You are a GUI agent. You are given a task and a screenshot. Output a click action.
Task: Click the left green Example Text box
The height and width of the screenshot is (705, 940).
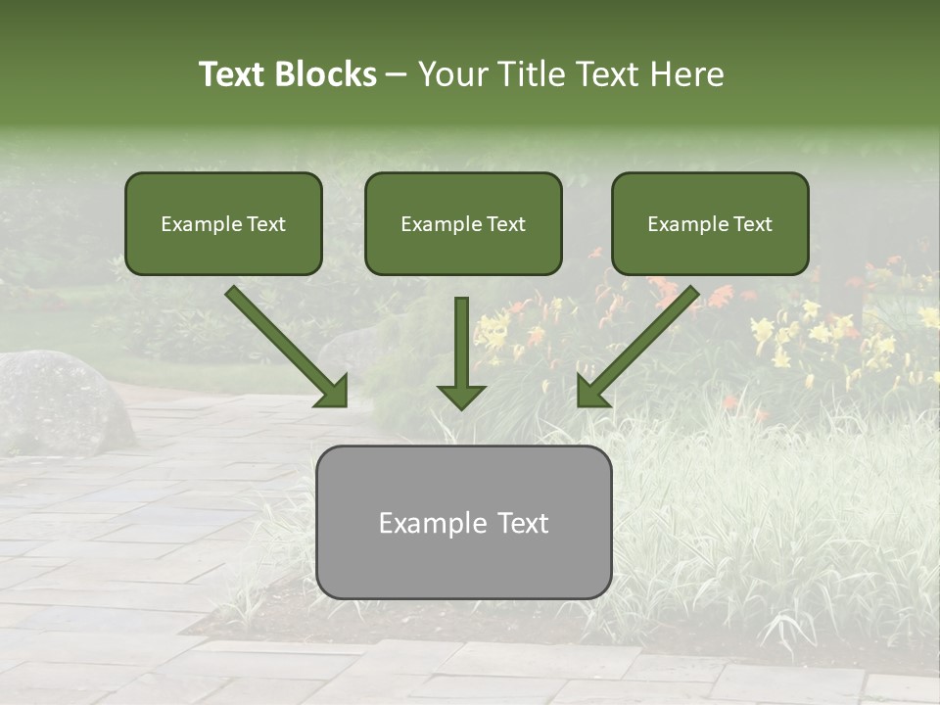pos(223,223)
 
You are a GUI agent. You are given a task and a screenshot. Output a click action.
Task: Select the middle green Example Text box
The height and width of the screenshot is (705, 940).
pos(463,223)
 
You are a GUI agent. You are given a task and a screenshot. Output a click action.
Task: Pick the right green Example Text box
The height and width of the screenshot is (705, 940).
pos(710,223)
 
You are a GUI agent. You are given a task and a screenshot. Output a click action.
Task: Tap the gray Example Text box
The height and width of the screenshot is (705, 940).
pos(464,522)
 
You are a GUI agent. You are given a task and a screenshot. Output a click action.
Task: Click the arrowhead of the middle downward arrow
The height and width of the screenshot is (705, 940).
pos(462,396)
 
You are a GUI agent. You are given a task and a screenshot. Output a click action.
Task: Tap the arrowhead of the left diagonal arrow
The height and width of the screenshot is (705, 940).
pos(333,392)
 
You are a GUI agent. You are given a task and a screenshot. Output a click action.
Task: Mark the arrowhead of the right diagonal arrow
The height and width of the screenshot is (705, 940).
pos(591,392)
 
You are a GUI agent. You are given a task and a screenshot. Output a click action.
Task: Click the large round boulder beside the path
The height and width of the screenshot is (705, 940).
pos(61,401)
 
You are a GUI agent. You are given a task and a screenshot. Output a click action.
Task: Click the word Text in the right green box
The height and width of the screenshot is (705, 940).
pos(752,224)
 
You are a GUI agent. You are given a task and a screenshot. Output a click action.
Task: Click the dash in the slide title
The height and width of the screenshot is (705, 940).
pos(398,75)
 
